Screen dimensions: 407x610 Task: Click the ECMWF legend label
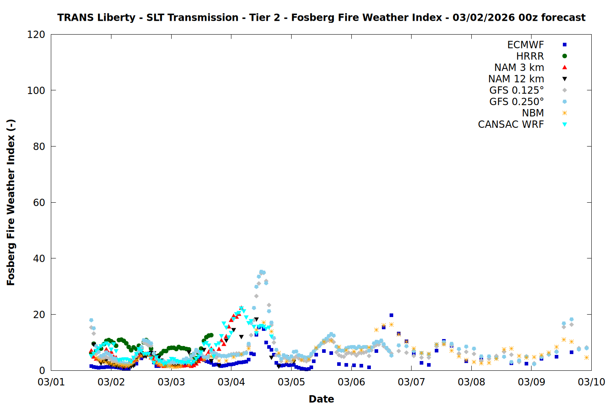pyautogui.click(x=525, y=45)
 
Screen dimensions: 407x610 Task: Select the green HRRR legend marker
pyautogui.click(x=564, y=56)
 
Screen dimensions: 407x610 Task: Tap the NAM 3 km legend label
pyautogui.click(x=519, y=68)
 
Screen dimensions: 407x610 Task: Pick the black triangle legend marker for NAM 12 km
pyautogui.click(x=564, y=79)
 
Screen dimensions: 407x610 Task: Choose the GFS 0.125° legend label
pyautogui.click(x=516, y=90)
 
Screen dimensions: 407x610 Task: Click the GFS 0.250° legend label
pyautogui.click(x=516, y=102)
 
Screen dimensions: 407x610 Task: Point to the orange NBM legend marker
pyautogui.click(x=564, y=113)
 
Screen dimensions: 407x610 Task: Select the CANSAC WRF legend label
pyautogui.click(x=511, y=125)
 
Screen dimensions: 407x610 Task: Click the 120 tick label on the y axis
pyautogui.click(x=36, y=35)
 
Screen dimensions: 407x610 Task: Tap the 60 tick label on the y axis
pyautogui.click(x=39, y=203)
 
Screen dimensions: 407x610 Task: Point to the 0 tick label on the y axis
pyautogui.click(x=42, y=371)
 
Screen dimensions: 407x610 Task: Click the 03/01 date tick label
pyautogui.click(x=51, y=382)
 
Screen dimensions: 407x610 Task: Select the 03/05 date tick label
pyautogui.click(x=291, y=382)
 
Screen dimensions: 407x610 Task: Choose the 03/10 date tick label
pyautogui.click(x=591, y=382)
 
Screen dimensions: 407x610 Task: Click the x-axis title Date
pyautogui.click(x=321, y=399)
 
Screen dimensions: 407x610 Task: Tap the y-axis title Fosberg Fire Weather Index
pyautogui.click(x=11, y=202)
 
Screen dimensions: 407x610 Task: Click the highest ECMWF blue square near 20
pyautogui.click(x=391, y=315)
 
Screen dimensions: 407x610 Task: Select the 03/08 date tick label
pyautogui.click(x=471, y=382)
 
